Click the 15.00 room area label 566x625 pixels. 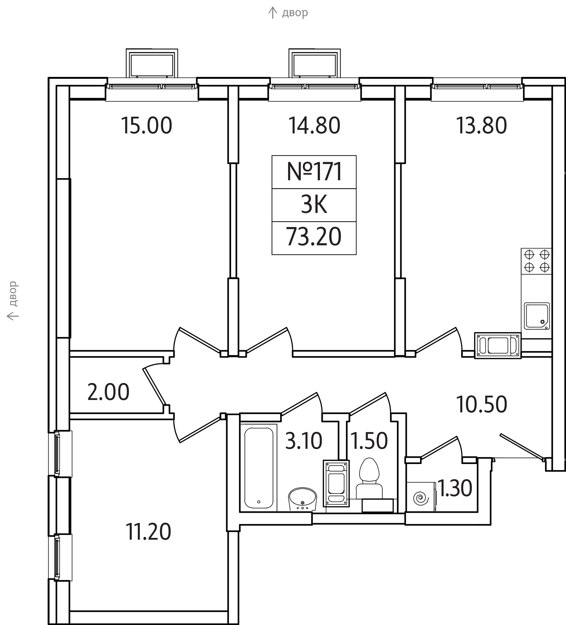click(x=146, y=126)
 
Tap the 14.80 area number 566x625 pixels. click(x=314, y=126)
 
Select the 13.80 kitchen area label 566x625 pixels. click(x=481, y=126)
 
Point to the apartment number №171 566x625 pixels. click(x=314, y=172)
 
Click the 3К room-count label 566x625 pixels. click(x=314, y=205)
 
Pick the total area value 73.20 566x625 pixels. click(x=314, y=237)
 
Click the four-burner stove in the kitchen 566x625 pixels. click(x=537, y=261)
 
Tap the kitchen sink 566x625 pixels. click(x=537, y=316)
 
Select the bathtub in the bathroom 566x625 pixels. click(x=259, y=468)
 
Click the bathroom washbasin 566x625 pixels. click(x=302, y=499)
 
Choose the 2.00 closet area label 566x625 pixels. click(x=108, y=392)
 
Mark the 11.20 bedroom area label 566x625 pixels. click(x=148, y=532)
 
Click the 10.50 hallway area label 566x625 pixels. click(x=482, y=405)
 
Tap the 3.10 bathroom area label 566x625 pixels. click(x=304, y=441)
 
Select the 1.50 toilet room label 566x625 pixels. click(x=369, y=441)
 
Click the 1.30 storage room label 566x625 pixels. click(x=455, y=488)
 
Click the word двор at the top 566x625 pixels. click(x=295, y=13)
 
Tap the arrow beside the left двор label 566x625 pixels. click(x=12, y=316)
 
